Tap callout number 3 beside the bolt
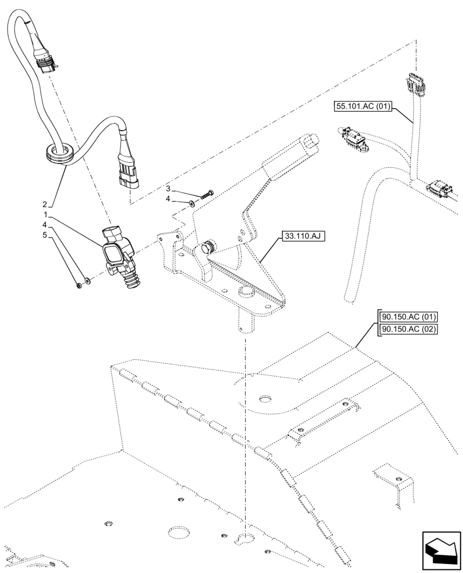pos(168,189)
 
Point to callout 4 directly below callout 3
pos(168,199)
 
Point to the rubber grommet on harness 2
pos(57,151)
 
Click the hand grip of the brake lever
pos(292,153)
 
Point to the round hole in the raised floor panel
pos(265,398)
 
